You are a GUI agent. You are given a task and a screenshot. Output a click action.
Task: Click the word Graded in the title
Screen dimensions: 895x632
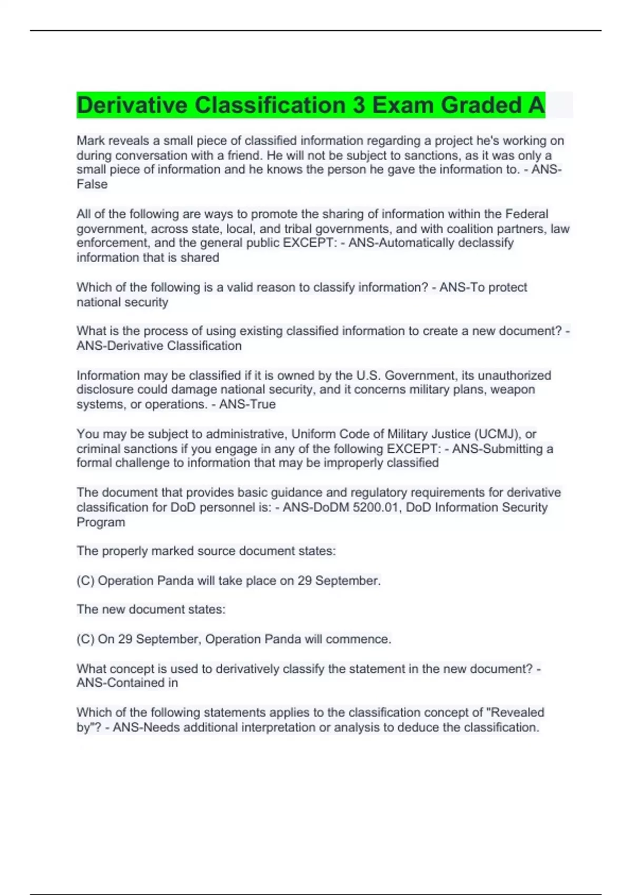(478, 105)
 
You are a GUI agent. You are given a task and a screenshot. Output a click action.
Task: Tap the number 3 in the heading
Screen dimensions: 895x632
(359, 105)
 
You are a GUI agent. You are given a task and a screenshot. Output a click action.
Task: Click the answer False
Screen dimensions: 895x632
(92, 184)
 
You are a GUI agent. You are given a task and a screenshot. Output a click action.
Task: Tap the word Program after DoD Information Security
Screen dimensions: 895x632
(101, 522)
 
